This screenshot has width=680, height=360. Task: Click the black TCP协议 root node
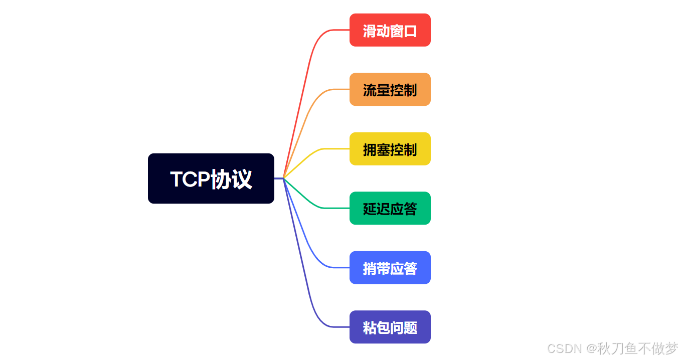point(211,178)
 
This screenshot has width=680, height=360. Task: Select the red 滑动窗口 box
point(390,30)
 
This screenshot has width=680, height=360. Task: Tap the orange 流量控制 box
point(390,89)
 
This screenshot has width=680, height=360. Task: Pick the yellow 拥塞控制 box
point(390,149)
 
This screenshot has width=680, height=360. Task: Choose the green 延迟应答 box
point(390,208)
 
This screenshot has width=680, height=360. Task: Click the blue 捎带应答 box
point(390,267)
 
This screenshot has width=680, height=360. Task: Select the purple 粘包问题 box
point(390,327)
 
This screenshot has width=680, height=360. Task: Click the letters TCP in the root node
point(190,179)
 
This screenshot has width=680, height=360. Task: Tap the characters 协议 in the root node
point(231,179)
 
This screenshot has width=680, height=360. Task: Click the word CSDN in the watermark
point(564,349)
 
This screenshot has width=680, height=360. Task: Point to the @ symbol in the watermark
point(592,349)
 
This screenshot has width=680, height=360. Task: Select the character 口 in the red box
point(410,31)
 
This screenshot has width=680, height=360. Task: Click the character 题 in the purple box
point(410,328)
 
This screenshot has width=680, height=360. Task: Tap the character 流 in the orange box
point(370,90)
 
